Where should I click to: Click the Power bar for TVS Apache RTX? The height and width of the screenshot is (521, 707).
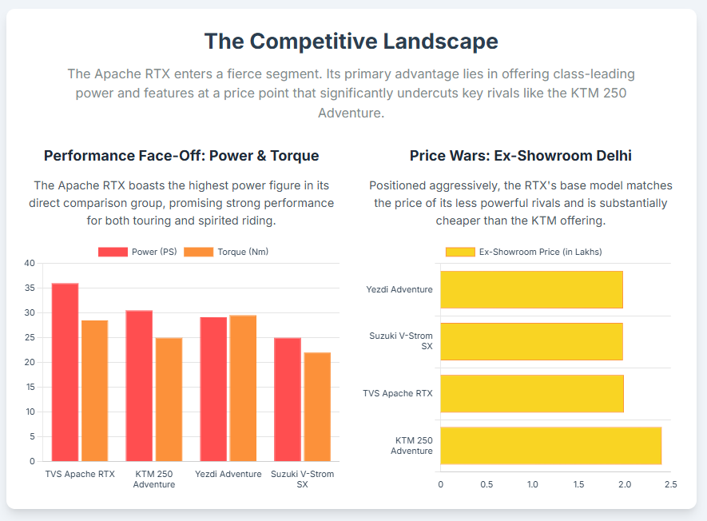coord(65,372)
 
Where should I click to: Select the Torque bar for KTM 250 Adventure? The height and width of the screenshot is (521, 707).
coord(169,400)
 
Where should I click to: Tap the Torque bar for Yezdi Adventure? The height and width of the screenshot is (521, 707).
coord(243,388)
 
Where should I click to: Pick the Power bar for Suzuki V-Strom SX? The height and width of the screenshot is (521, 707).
coord(288,400)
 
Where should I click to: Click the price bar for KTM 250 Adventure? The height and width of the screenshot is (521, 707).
coord(550,445)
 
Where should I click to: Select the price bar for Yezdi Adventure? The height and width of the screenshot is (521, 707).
coord(531,289)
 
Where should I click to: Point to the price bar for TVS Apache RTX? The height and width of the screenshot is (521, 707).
coord(531,393)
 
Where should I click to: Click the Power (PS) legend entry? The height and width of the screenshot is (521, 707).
coord(137,252)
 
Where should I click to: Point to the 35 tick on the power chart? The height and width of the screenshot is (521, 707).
coord(30,288)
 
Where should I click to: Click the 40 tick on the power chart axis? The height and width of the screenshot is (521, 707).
coord(30,263)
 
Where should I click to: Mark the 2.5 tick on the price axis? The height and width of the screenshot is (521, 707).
coord(670,485)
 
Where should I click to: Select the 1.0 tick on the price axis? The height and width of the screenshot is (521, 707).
coord(533,485)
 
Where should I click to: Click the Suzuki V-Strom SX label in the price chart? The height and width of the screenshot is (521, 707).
coord(401,341)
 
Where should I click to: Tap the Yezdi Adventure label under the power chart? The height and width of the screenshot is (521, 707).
coord(228,474)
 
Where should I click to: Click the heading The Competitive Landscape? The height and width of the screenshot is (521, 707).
coord(352,42)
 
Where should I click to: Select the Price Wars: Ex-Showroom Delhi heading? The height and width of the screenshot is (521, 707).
coord(521,156)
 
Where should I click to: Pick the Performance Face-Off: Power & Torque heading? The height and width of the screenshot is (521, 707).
coord(181,156)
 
